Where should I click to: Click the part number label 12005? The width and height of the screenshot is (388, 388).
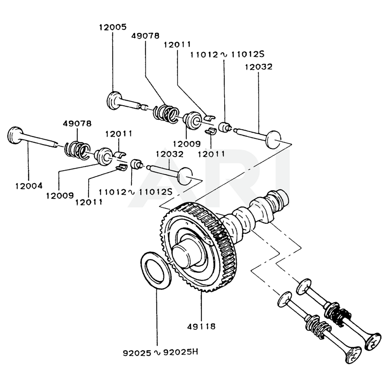coord(112,27)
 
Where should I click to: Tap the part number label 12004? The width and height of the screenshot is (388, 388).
coord(28,185)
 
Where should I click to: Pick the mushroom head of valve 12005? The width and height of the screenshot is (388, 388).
coord(114,99)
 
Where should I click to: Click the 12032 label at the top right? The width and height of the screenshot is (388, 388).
coord(258,67)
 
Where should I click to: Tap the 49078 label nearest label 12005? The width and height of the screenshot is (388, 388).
coord(145,36)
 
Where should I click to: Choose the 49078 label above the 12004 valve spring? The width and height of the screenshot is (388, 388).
coord(77,123)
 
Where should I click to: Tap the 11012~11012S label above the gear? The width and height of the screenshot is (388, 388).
coord(135,192)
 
